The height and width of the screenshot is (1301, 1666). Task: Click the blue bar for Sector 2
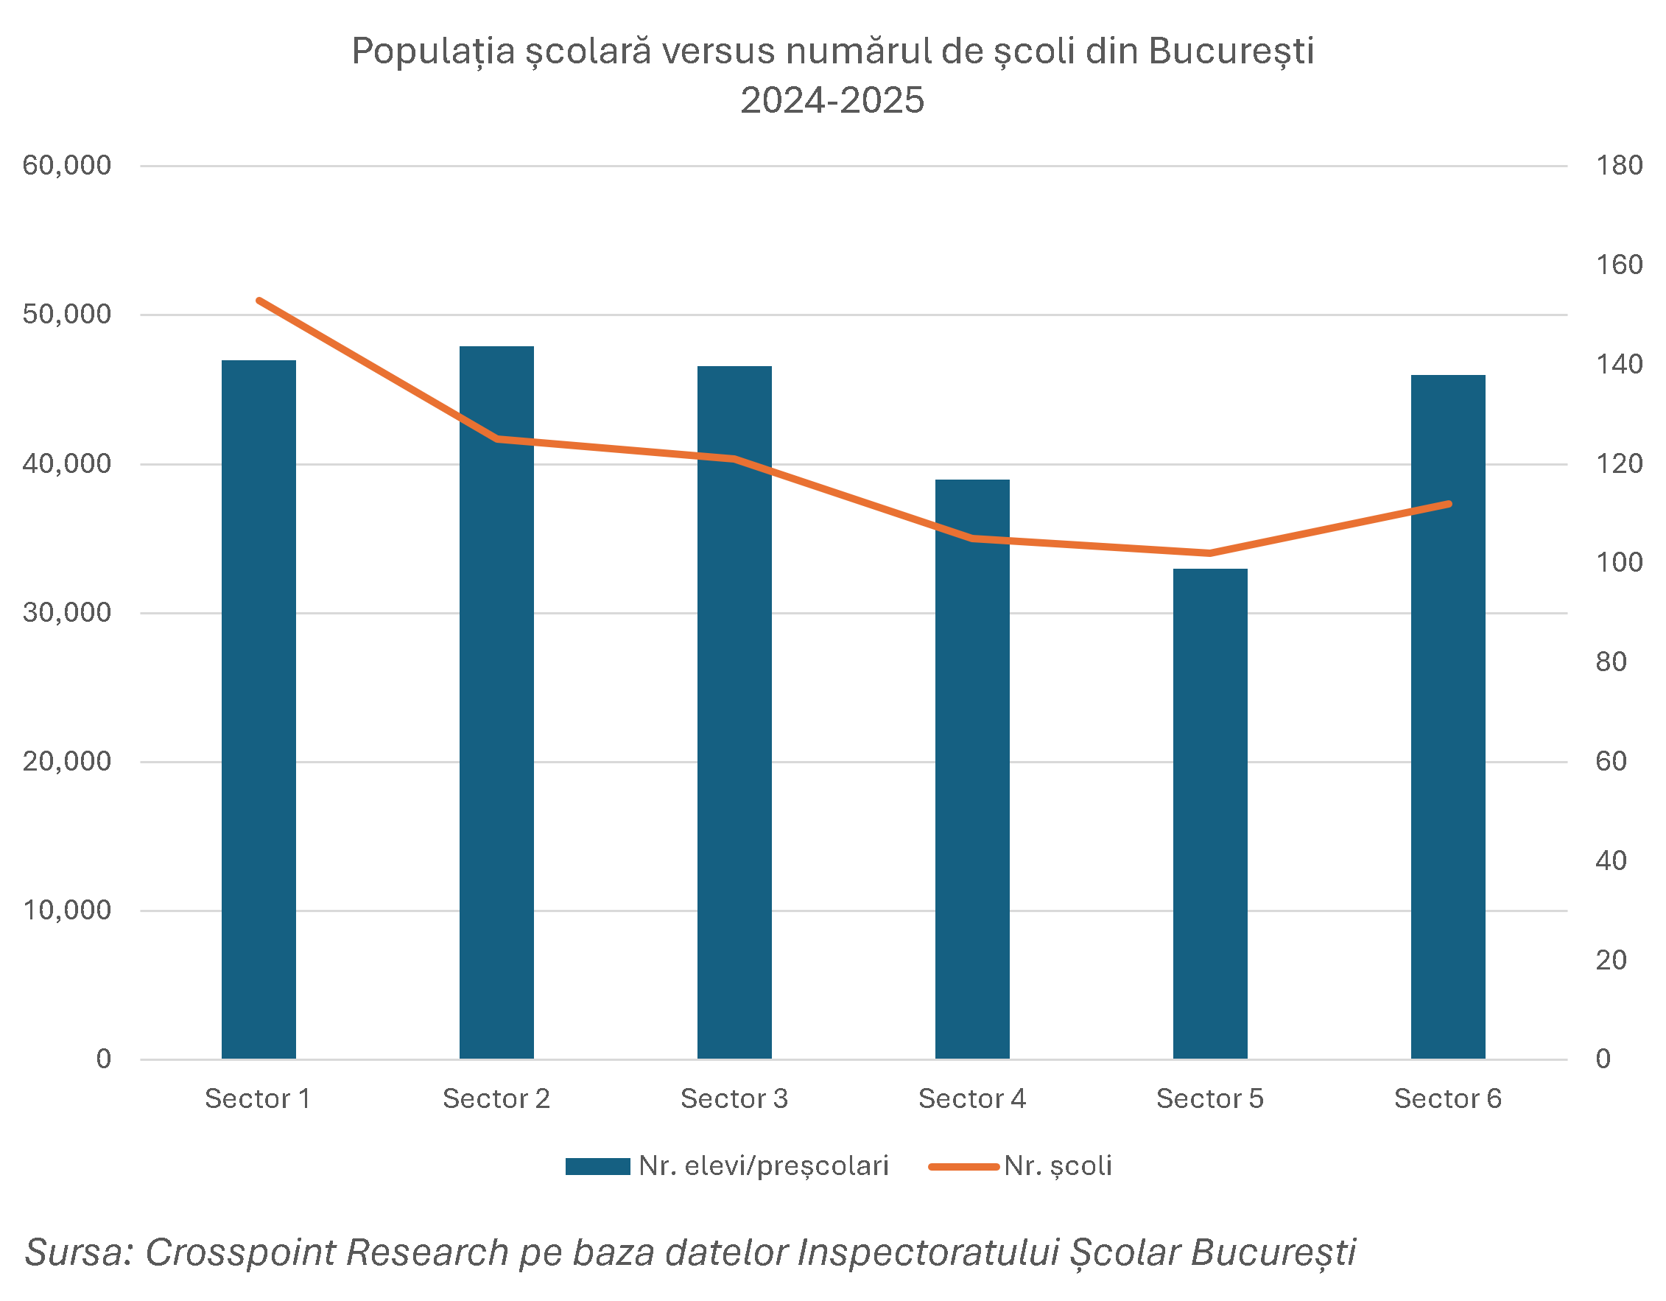[x=496, y=702]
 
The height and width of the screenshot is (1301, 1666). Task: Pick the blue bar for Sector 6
[x=1448, y=717]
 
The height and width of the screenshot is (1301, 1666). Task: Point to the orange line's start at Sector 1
[x=259, y=301]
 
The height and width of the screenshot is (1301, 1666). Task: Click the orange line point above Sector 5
[x=1210, y=553]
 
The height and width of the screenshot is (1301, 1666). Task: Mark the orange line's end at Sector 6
[x=1448, y=504]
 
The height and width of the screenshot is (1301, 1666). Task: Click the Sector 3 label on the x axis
[x=734, y=1099]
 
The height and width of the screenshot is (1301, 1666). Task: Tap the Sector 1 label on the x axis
[x=258, y=1099]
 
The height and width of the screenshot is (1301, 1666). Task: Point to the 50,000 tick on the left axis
[x=67, y=315]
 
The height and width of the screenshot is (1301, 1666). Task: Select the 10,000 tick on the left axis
[x=67, y=911]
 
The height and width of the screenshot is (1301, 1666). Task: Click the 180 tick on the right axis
[x=1619, y=166]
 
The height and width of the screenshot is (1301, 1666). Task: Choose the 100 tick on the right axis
[x=1619, y=562]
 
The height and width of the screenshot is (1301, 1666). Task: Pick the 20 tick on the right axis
[x=1611, y=960]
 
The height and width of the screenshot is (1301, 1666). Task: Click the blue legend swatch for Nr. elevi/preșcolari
[x=597, y=1166]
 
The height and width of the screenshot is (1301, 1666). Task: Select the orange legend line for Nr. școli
[x=963, y=1166]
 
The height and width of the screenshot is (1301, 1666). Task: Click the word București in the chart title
[x=1231, y=52]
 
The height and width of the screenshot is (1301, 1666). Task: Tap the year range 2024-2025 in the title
[x=832, y=101]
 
